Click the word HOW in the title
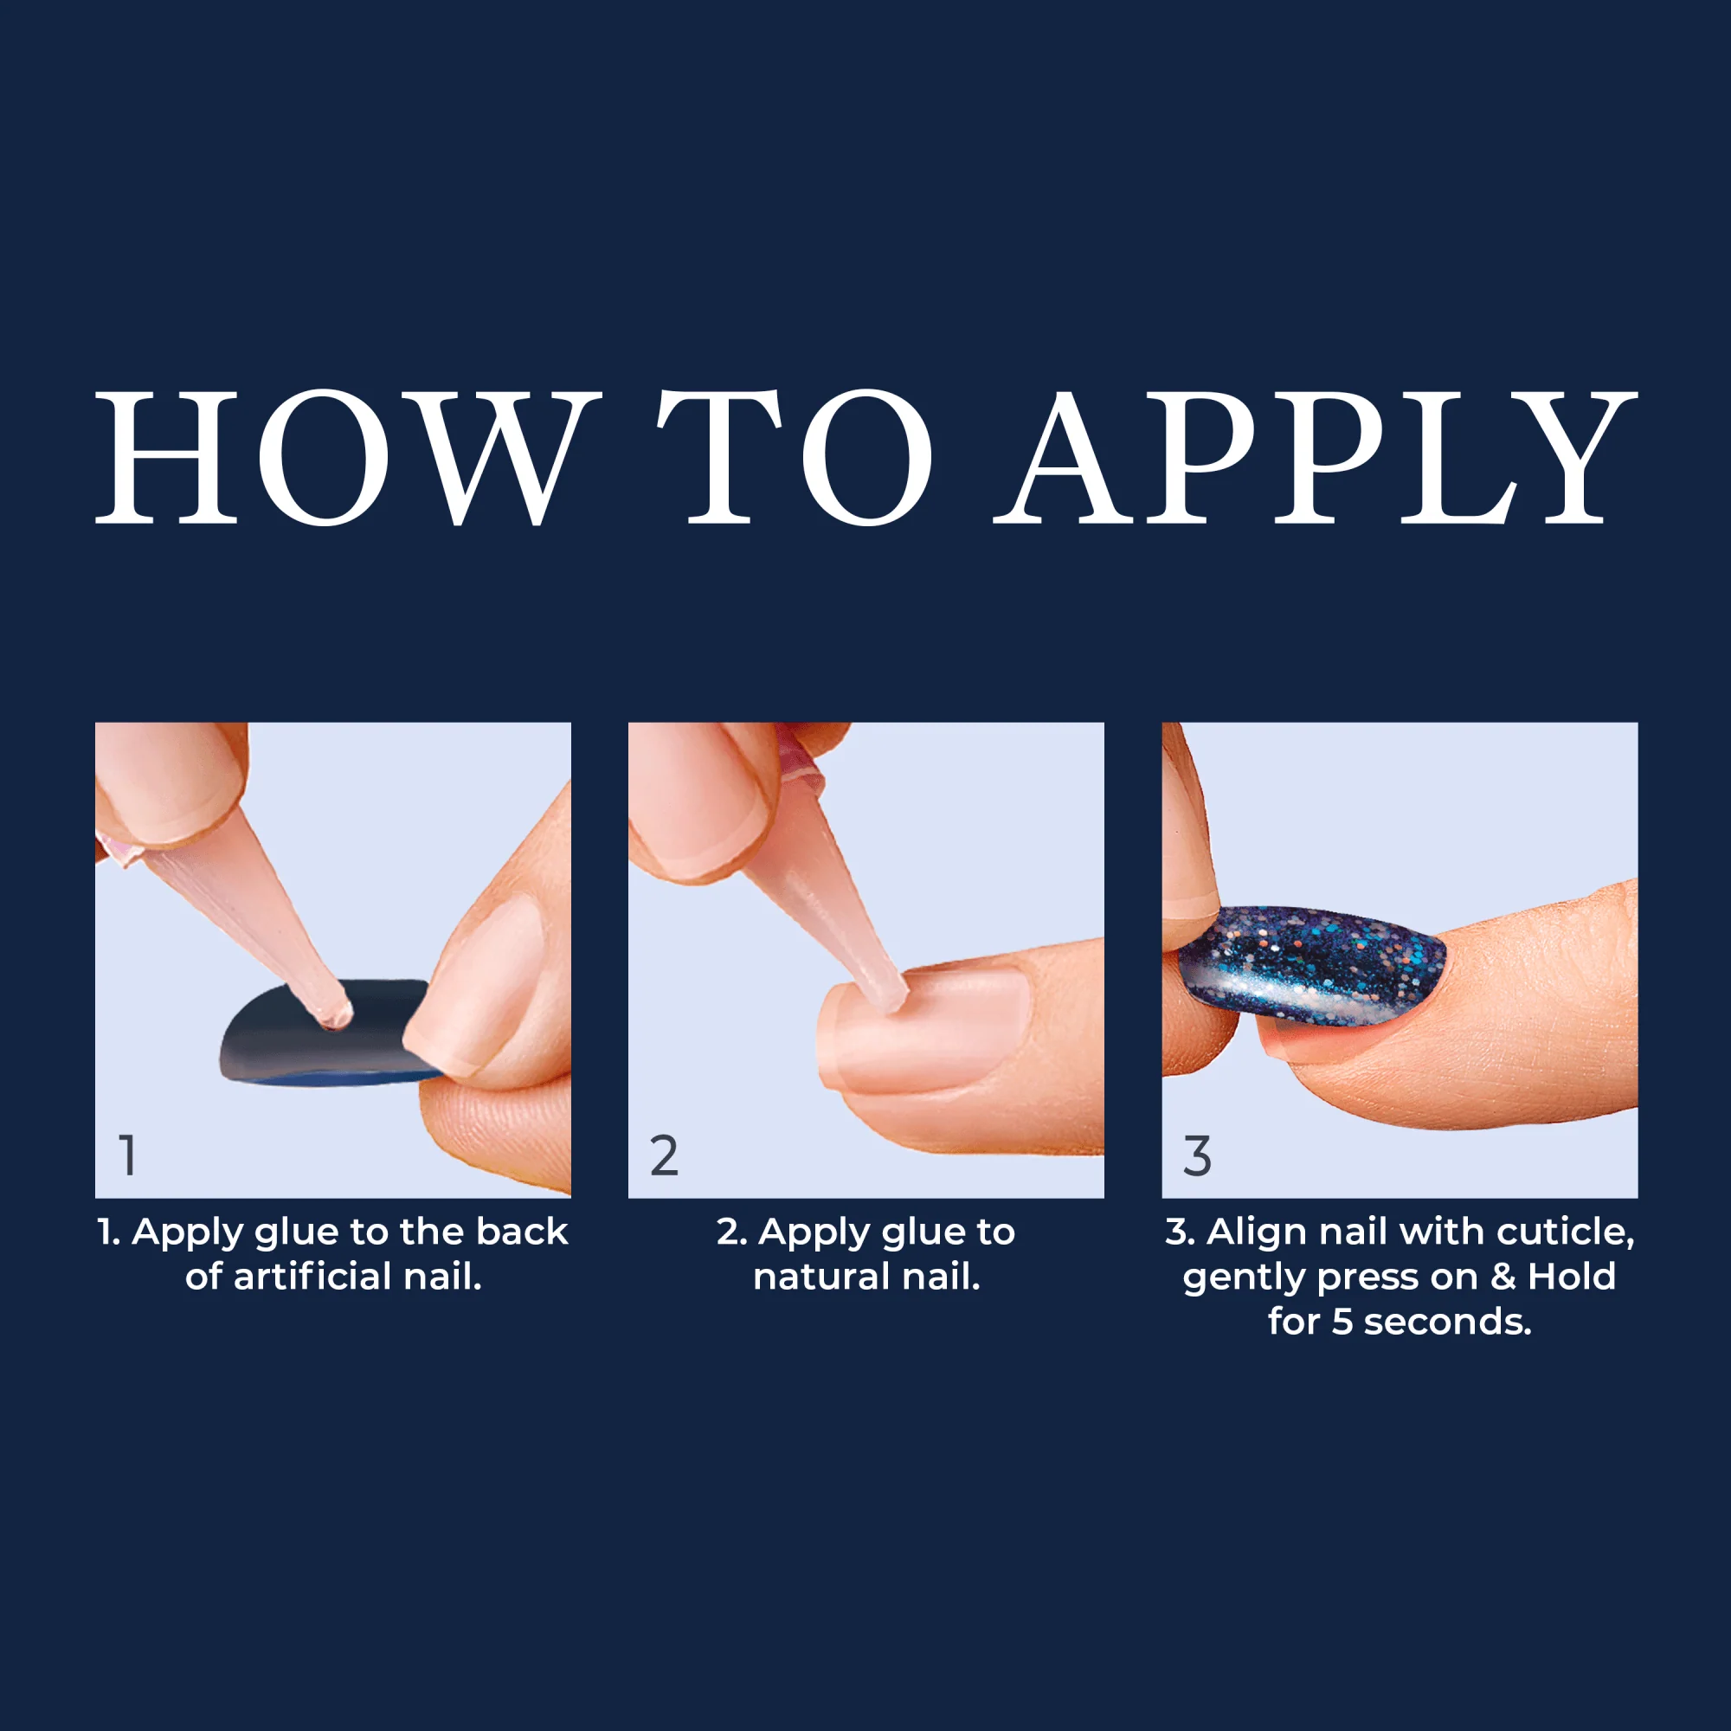[x=346, y=458]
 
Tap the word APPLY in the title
[x=1316, y=458]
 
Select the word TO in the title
[x=795, y=458]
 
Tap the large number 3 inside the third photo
[x=1197, y=1155]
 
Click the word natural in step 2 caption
[x=820, y=1276]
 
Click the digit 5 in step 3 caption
[x=1342, y=1322]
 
